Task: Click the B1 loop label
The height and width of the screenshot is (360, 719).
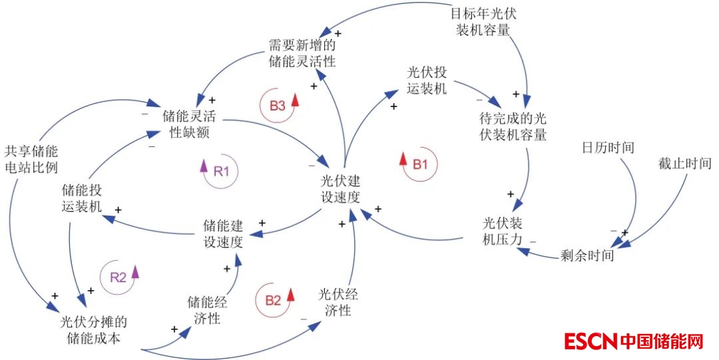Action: pyautogui.click(x=420, y=164)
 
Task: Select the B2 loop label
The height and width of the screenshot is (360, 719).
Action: pyautogui.click(x=273, y=300)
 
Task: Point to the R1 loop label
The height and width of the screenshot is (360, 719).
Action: pyautogui.click(x=221, y=170)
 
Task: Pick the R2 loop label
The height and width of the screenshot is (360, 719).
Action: pyautogui.click(x=118, y=278)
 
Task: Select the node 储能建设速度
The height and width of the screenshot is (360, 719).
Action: pyautogui.click(x=222, y=234)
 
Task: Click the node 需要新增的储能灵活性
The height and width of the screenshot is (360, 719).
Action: pyautogui.click(x=302, y=53)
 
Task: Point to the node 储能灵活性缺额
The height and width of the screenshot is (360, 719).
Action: pyautogui.click(x=190, y=124)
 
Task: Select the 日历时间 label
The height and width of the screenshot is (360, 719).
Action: pyautogui.click(x=608, y=147)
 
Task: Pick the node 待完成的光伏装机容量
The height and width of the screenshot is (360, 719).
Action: pyautogui.click(x=513, y=126)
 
